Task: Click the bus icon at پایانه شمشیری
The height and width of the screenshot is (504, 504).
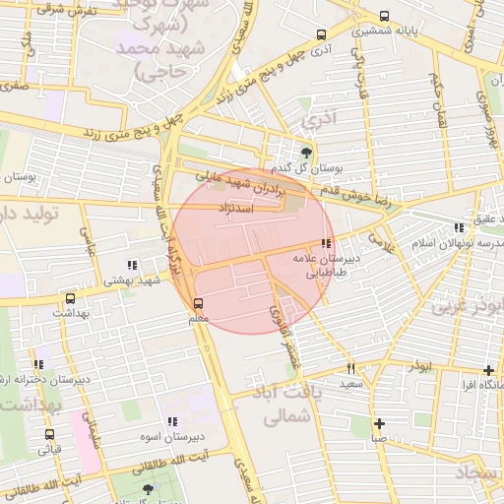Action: [384, 17]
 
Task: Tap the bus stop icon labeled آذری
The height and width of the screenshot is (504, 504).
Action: [321, 34]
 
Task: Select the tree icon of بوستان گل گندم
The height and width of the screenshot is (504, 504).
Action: [307, 152]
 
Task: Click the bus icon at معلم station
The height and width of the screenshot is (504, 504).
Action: [199, 303]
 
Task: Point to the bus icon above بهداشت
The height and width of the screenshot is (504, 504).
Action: [70, 298]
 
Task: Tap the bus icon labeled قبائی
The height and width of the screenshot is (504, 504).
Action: [49, 434]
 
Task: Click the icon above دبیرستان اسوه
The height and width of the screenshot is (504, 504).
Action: [172, 421]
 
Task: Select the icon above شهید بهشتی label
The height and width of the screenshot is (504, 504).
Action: [132, 265]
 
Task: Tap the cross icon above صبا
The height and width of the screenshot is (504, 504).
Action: [379, 424]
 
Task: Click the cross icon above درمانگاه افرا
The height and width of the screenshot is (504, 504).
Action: [487, 370]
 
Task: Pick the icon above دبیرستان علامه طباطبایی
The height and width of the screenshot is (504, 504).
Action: [325, 243]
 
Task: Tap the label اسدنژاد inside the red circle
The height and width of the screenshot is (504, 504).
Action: [240, 208]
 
